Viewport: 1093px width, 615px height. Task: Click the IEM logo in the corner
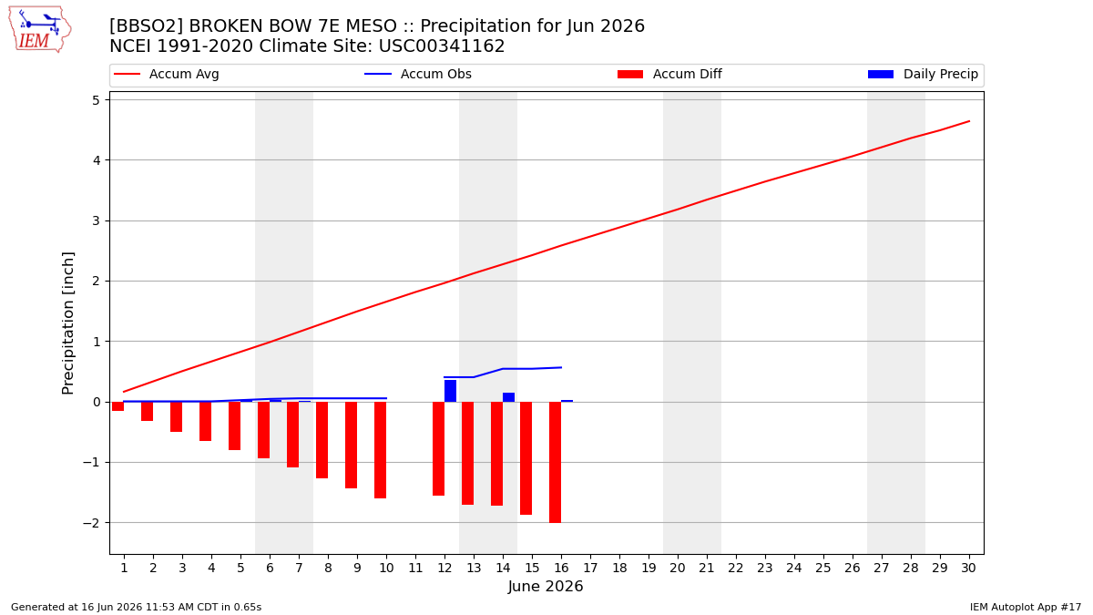click(40, 30)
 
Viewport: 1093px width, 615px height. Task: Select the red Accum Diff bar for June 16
click(556, 462)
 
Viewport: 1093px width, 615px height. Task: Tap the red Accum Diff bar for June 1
click(118, 406)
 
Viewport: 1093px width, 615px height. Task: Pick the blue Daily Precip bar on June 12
click(450, 391)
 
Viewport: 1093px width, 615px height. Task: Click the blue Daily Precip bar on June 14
click(508, 397)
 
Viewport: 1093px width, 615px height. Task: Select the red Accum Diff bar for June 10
click(380, 450)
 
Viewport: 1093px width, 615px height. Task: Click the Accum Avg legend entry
click(167, 74)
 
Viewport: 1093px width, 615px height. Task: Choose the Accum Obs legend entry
click(418, 74)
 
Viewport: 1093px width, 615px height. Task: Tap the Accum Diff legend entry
click(669, 74)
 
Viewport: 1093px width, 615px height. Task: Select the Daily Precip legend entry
click(924, 74)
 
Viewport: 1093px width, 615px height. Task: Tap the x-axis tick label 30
click(968, 569)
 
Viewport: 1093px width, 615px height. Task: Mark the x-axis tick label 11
click(415, 569)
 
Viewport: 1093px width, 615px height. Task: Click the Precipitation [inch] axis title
click(67, 323)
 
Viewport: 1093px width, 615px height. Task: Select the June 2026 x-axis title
click(546, 586)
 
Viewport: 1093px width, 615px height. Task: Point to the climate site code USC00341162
click(442, 46)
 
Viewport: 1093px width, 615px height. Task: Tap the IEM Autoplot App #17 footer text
click(1026, 607)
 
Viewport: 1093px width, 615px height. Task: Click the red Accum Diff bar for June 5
click(235, 425)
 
